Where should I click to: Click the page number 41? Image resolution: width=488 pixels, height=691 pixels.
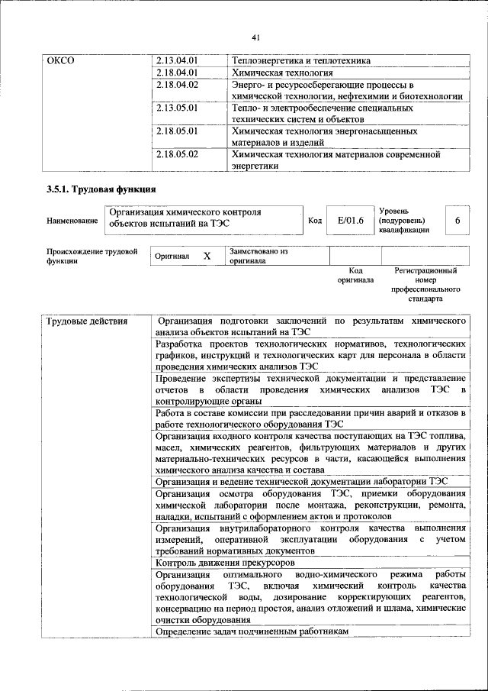(x=255, y=35)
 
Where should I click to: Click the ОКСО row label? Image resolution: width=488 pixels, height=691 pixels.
(x=60, y=60)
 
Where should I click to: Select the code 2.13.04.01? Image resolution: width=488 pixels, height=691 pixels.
(x=176, y=60)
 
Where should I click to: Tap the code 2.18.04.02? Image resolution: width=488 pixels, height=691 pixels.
(x=176, y=85)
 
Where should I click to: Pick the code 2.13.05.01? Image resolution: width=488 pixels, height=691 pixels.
(x=176, y=109)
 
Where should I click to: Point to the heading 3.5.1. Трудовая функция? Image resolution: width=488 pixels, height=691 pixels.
(x=101, y=188)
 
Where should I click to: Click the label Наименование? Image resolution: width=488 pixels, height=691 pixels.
(x=72, y=221)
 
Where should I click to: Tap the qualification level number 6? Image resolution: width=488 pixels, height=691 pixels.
(x=457, y=221)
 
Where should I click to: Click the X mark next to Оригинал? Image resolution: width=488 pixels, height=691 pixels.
(x=206, y=257)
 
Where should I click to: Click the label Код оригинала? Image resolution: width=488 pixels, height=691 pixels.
(x=355, y=276)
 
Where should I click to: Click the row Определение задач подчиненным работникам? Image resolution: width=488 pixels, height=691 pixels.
(x=251, y=632)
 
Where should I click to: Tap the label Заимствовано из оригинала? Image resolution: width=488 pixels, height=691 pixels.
(x=258, y=255)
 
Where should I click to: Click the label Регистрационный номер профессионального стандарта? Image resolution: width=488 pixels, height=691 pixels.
(x=425, y=285)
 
